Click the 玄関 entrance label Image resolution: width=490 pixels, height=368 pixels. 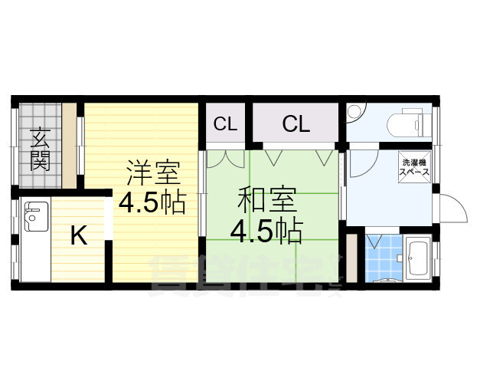coord(40,149)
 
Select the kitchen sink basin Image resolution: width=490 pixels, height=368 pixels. coord(34,219)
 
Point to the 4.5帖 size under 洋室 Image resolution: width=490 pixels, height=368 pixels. coord(150,204)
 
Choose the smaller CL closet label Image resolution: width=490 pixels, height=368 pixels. coord(224,123)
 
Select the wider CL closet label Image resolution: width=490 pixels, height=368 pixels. coord(295,123)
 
